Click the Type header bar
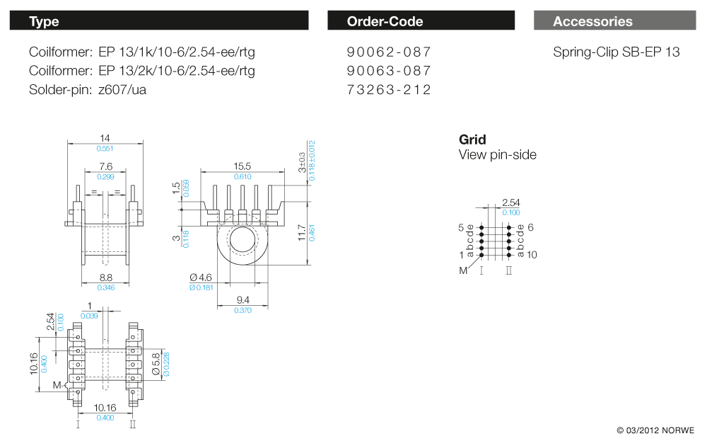pyautogui.click(x=159, y=21)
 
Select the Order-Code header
pyautogui.click(x=422, y=21)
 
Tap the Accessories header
pyautogui.click(x=614, y=21)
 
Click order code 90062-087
pyautogui.click(x=389, y=52)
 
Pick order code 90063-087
pyautogui.click(x=389, y=71)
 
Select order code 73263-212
pyautogui.click(x=389, y=90)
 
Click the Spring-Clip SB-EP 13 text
pyautogui.click(x=616, y=52)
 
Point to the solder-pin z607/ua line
pyautogui.click(x=88, y=90)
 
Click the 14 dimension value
pyautogui.click(x=105, y=138)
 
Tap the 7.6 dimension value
pyautogui.click(x=105, y=166)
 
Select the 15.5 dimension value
pyautogui.click(x=243, y=166)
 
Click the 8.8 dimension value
pyautogui.click(x=105, y=278)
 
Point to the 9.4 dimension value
pyautogui.click(x=243, y=301)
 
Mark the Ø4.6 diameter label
pyautogui.click(x=201, y=278)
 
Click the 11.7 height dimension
pyautogui.click(x=302, y=231)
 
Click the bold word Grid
pyautogui.click(x=472, y=139)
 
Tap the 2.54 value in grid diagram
pyautogui.click(x=510, y=202)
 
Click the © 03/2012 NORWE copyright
pyautogui.click(x=655, y=430)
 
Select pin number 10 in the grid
pyautogui.click(x=532, y=255)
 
